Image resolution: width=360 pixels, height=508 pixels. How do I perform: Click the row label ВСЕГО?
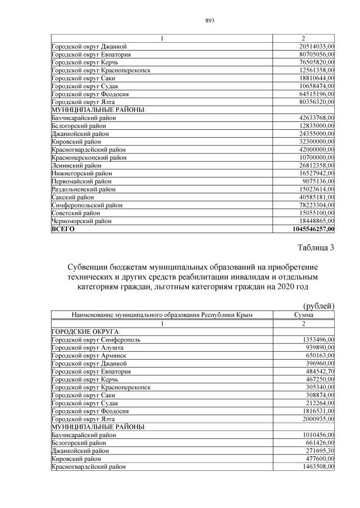(63, 229)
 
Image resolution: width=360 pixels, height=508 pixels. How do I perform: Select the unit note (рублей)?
(318, 306)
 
